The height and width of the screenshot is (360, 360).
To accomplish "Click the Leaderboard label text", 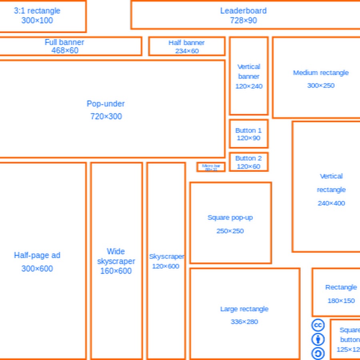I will (243, 11).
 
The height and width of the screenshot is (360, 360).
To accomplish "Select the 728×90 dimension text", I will (243, 20).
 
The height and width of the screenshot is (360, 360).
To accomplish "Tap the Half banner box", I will (186, 46).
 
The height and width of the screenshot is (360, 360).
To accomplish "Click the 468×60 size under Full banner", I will (65, 50).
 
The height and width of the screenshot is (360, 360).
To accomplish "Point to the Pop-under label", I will (106, 104).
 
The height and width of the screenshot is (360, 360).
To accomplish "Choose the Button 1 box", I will (248, 134).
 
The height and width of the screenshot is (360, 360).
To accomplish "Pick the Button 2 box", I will (248, 162).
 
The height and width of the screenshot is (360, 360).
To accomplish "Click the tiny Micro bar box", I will (211, 167).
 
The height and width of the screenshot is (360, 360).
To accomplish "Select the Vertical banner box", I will (248, 76).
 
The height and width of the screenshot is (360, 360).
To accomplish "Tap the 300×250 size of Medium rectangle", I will (321, 85).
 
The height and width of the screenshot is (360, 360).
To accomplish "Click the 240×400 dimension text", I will (331, 203).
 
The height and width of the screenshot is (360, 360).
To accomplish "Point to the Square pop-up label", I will (230, 218).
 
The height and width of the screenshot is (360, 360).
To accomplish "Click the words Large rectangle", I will (244, 309).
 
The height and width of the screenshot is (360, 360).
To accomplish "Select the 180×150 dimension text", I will (341, 301).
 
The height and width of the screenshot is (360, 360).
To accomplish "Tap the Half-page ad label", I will (37, 255).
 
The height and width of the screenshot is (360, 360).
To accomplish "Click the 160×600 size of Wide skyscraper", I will (116, 271).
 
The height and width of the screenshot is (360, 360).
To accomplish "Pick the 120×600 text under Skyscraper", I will (166, 266).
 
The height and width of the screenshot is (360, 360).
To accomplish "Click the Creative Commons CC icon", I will (318, 325).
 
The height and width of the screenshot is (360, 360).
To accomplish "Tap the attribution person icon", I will (318, 340).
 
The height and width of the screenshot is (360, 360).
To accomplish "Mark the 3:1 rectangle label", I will (37, 11).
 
